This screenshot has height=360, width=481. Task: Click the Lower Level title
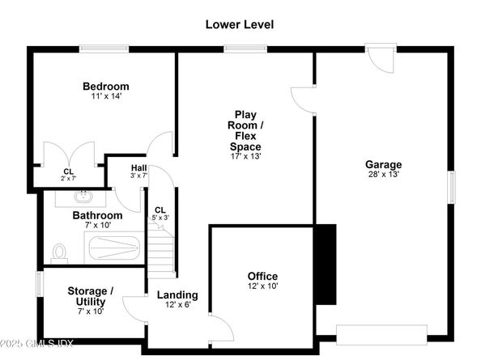click(x=239, y=24)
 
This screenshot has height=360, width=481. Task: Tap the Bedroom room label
click(x=106, y=86)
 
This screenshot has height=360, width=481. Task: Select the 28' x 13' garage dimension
click(x=384, y=174)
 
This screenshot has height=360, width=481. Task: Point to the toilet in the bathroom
click(x=59, y=253)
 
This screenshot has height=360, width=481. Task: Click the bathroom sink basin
click(x=83, y=197)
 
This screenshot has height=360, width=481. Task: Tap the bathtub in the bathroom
click(x=114, y=248)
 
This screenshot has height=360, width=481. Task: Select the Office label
click(x=262, y=276)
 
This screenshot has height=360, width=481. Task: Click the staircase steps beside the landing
click(x=161, y=251)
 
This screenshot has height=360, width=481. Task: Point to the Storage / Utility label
click(x=91, y=296)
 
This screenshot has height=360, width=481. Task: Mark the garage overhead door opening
click(x=381, y=335)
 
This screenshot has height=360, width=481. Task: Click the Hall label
click(x=138, y=168)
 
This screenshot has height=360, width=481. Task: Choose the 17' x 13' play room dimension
click(x=245, y=156)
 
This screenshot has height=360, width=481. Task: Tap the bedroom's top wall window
click(x=104, y=49)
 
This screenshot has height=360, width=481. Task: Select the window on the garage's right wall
click(x=452, y=187)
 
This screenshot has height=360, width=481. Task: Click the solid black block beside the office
click(x=326, y=265)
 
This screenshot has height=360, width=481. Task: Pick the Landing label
click(x=177, y=294)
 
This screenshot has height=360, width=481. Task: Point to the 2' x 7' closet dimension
click(x=68, y=178)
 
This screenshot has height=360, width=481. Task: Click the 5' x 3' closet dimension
click(x=160, y=218)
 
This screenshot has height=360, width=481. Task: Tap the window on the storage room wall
click(x=40, y=284)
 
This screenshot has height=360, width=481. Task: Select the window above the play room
click(x=245, y=49)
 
